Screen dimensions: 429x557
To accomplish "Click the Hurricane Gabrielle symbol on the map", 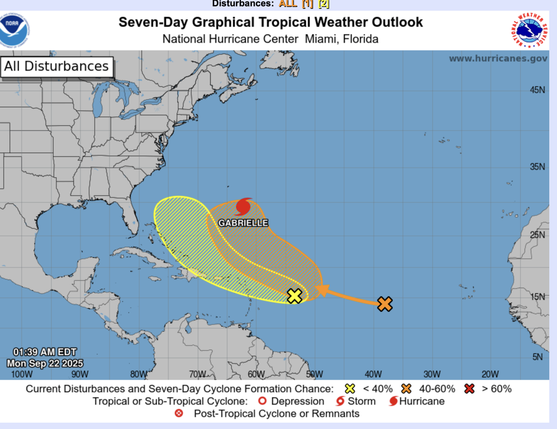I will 244,207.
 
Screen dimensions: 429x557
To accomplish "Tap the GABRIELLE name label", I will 243,223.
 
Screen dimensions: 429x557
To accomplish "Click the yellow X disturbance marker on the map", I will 294,296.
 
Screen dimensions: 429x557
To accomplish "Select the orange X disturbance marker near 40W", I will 385,304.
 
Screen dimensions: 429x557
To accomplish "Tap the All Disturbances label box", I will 56,67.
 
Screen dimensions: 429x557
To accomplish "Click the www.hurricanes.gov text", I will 498,59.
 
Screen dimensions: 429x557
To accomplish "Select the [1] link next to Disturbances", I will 307,4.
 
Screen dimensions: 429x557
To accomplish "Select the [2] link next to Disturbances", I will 323,4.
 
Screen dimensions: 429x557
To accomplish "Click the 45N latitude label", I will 538,90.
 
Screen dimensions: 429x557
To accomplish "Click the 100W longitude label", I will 22,374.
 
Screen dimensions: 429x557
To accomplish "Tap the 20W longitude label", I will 490,374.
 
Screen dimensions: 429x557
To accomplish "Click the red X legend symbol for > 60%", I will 469,389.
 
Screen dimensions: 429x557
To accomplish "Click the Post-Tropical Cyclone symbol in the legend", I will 179,414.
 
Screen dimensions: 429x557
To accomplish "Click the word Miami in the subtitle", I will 322,39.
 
